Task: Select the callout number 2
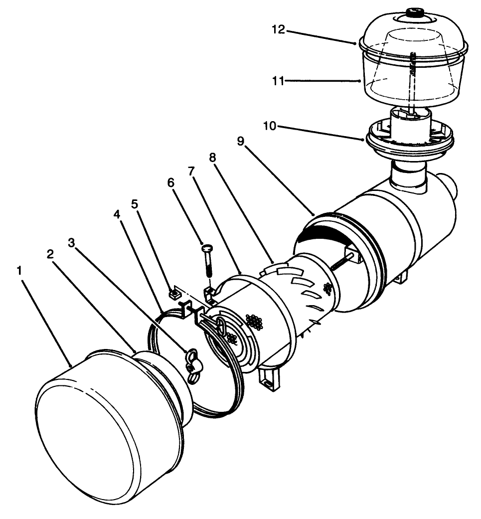[x=50, y=254]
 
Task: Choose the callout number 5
[x=134, y=204]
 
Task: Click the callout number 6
[x=171, y=183]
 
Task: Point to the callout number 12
[x=279, y=30]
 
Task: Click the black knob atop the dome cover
[x=414, y=10]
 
